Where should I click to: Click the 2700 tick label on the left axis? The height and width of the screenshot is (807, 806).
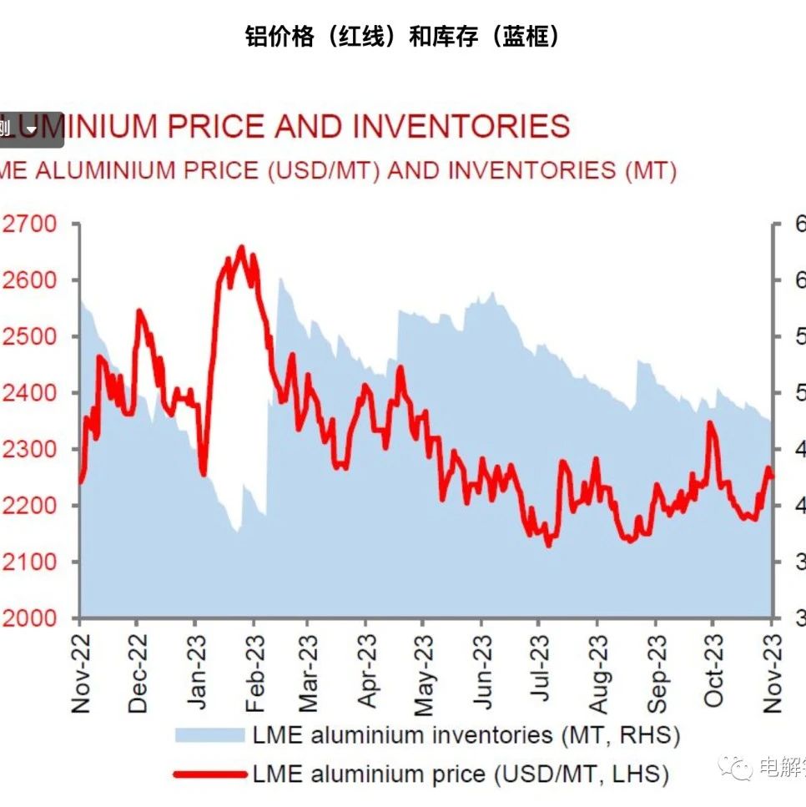pos(30,224)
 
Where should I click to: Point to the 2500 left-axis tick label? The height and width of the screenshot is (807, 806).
pos(30,336)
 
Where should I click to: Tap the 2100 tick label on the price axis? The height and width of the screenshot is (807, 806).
pos(30,562)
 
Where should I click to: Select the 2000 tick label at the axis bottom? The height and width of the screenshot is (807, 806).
pos(30,618)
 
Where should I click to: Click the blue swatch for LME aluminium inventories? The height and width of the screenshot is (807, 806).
pos(209,735)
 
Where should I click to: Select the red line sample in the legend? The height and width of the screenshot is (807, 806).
pos(209,774)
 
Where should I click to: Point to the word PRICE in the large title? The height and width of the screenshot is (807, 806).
pos(216,127)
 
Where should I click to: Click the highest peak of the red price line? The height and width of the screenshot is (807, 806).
pos(241,247)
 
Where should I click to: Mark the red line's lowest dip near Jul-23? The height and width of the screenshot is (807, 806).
pos(548,545)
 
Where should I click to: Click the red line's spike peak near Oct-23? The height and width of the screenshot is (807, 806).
pos(710,423)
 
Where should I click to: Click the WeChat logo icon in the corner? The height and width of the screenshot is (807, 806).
pos(736,767)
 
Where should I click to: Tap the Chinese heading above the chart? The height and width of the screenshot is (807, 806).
pos(402,37)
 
